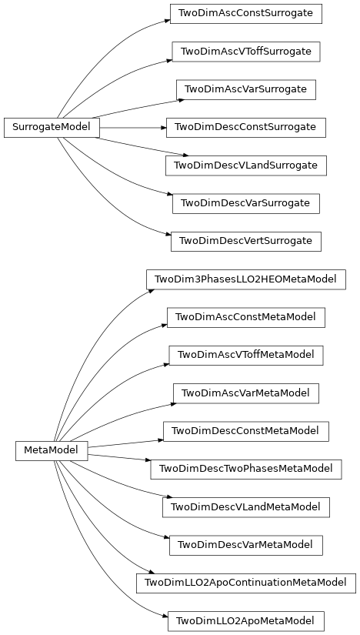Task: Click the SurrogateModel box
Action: click(x=52, y=128)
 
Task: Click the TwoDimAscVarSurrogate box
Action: click(x=245, y=89)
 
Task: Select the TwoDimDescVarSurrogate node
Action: click(x=245, y=202)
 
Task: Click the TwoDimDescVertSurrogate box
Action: click(x=245, y=241)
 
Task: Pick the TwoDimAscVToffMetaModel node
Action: click(x=245, y=354)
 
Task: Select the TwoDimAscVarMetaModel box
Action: click(x=245, y=393)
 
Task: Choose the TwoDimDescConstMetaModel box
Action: click(x=245, y=430)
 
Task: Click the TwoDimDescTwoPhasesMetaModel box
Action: click(x=245, y=468)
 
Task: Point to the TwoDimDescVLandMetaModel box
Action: click(x=245, y=506)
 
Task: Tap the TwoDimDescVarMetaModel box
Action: click(x=245, y=544)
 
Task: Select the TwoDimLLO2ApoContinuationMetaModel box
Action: click(x=245, y=582)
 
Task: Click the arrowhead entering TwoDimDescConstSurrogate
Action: click(x=162, y=128)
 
